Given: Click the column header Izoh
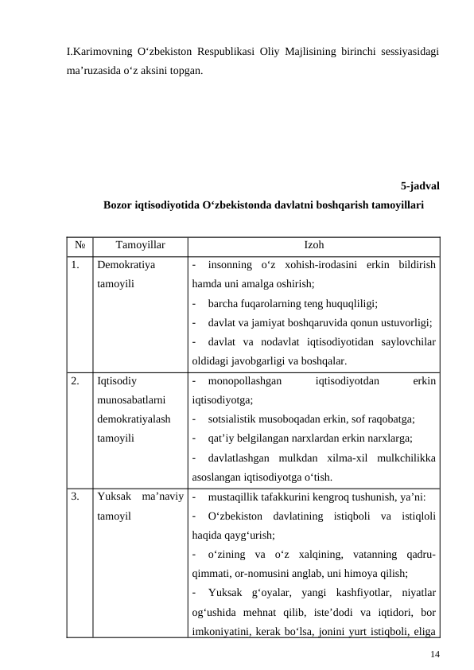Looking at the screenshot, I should [x=314, y=246].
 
